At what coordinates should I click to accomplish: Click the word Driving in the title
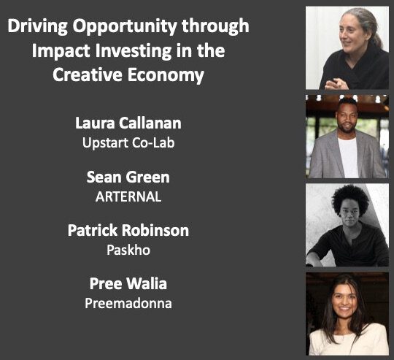click(38, 26)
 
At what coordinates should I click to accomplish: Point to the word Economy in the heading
click(166, 75)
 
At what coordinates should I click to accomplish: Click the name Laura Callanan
click(128, 123)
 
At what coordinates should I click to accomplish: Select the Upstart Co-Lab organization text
click(128, 143)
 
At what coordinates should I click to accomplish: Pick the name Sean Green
click(128, 177)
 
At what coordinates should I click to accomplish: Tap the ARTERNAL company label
click(128, 196)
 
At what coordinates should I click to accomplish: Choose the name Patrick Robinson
click(128, 230)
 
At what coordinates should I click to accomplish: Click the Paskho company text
click(128, 250)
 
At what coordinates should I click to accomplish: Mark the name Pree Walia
click(128, 283)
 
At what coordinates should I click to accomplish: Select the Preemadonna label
click(128, 303)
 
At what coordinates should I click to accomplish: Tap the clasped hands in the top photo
click(336, 84)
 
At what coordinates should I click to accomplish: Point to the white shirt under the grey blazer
click(348, 157)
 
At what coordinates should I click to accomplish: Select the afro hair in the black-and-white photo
click(350, 199)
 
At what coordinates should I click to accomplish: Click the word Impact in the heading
click(61, 51)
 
